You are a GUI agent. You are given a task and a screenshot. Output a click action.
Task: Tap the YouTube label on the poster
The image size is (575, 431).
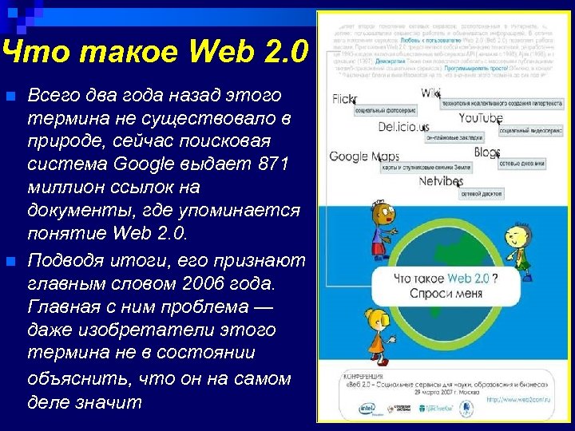click(481, 119)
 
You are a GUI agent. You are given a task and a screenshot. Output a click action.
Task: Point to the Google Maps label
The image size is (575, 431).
click(364, 156)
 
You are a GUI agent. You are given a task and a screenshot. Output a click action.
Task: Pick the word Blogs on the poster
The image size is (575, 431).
click(486, 152)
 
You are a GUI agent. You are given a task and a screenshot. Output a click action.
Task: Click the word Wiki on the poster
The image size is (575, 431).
click(431, 93)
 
